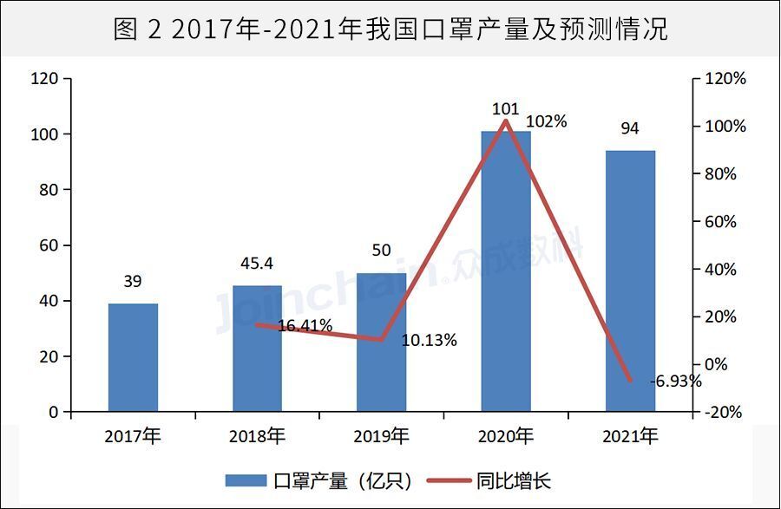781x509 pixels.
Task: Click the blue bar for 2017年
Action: click(x=133, y=357)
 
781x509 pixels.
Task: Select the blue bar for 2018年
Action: click(x=257, y=349)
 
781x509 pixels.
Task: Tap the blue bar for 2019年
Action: click(x=381, y=342)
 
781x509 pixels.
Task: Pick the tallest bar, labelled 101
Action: click(x=506, y=271)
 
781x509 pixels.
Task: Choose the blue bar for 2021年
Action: click(x=630, y=280)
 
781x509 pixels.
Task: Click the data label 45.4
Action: click(x=257, y=262)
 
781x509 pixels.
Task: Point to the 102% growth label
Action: click(x=547, y=122)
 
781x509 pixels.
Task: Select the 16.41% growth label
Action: click(x=305, y=326)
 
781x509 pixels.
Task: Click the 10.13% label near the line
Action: click(x=429, y=341)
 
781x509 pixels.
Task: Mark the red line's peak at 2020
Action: click(x=506, y=121)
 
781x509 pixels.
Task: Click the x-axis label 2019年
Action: click(x=381, y=436)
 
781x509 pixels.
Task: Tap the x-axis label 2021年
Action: click(x=630, y=436)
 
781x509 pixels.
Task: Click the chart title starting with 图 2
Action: click(x=390, y=29)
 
